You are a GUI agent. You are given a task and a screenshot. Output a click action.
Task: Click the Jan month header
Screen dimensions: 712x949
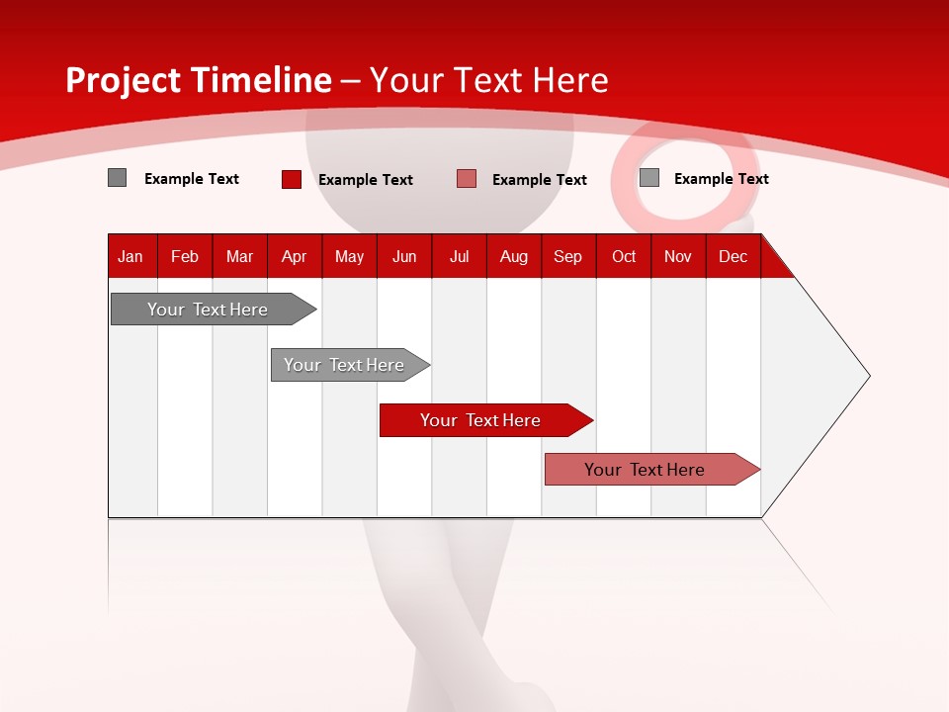[130, 256]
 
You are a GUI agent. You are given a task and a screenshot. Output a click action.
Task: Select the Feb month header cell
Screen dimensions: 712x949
[185, 256]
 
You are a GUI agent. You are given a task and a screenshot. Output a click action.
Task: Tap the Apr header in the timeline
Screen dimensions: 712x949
[294, 256]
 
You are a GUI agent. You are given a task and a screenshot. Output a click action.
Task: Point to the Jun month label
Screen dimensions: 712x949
[404, 256]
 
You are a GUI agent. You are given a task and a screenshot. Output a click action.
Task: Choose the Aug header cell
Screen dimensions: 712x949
[513, 256]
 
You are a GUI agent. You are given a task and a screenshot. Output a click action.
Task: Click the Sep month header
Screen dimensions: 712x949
[567, 256]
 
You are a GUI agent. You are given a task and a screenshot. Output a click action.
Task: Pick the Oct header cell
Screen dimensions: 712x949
[624, 256]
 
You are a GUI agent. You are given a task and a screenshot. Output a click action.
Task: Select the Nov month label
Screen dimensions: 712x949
[678, 256]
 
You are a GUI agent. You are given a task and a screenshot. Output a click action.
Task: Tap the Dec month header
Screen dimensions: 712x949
[733, 256]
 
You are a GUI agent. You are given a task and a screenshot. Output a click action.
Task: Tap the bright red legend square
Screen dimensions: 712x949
[292, 179]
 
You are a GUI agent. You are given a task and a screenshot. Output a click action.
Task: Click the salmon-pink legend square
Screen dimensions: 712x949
[467, 179]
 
